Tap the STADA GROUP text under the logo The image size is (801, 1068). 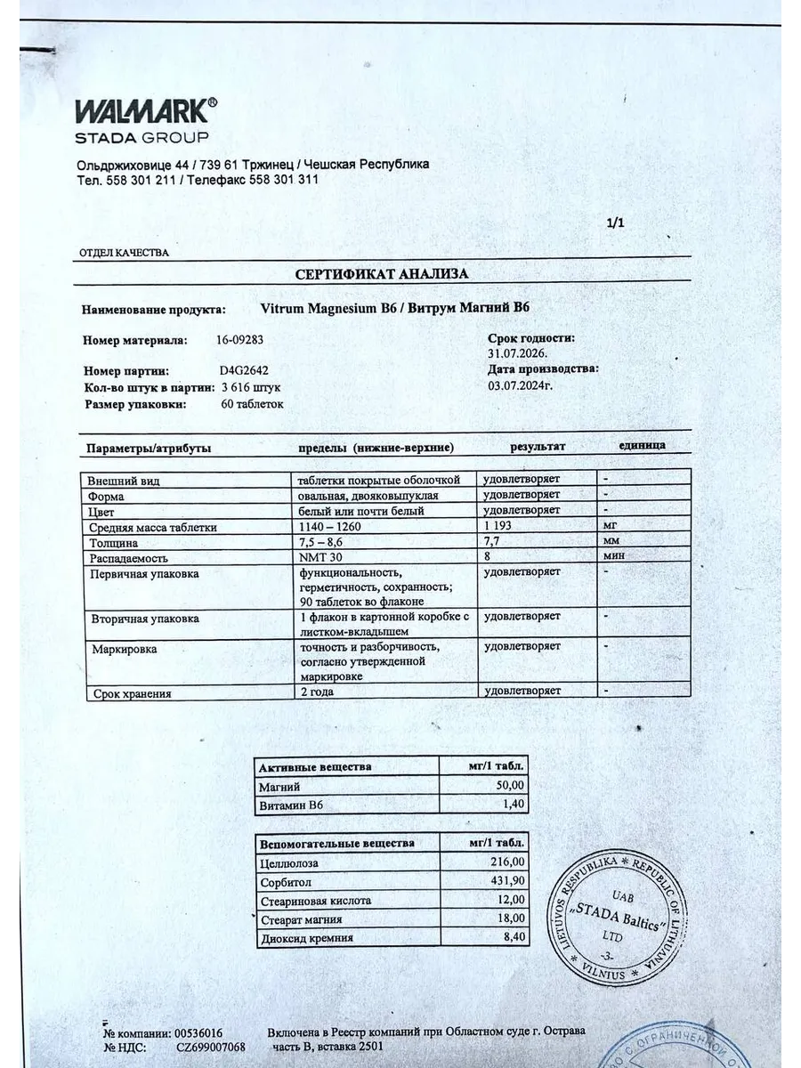142,138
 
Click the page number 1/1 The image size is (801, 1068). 615,223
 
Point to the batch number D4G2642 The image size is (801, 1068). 244,372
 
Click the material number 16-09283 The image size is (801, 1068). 240,340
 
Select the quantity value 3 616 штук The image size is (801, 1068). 251,388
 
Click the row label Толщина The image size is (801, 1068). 113,542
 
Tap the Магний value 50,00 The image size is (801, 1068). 509,787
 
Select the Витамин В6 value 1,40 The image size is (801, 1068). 514,805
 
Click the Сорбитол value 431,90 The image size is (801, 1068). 508,881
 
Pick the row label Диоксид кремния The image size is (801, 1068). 307,938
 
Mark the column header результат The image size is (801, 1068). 537,447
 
